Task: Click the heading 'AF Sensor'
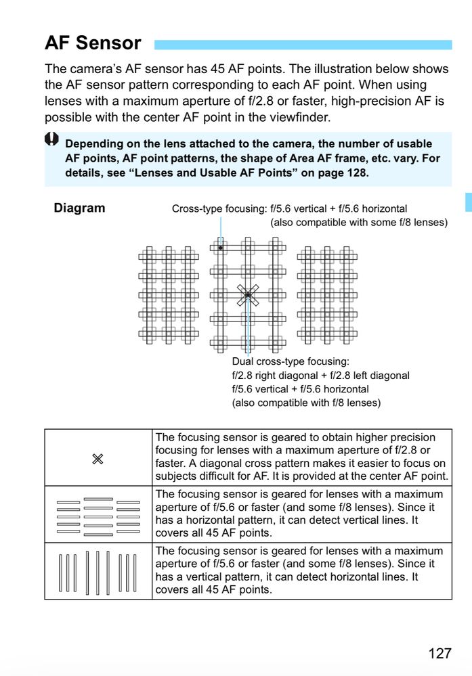[x=93, y=43]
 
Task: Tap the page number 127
[x=439, y=653]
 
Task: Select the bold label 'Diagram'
[x=79, y=208]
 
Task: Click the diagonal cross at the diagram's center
[x=248, y=295]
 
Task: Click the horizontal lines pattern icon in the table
[x=98, y=516]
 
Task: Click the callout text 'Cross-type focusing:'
[x=219, y=209]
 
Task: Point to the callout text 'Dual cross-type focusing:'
[x=291, y=361]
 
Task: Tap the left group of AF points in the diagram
[x=169, y=294]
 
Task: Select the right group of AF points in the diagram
[x=327, y=294]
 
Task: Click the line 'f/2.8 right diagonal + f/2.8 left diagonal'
[x=320, y=375]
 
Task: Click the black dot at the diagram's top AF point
[x=221, y=248]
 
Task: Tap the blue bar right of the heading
[x=303, y=45]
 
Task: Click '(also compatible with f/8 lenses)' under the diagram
[x=306, y=403]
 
